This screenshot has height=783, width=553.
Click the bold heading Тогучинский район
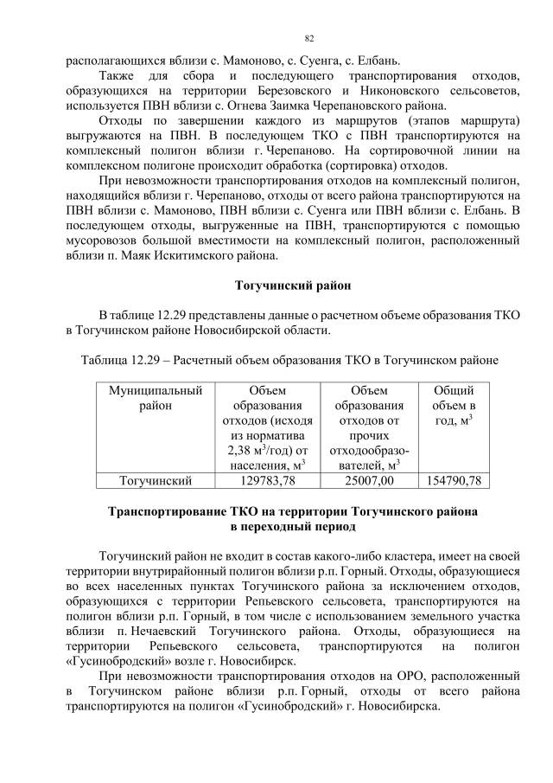(x=293, y=284)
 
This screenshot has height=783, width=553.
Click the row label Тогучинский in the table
(x=156, y=479)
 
